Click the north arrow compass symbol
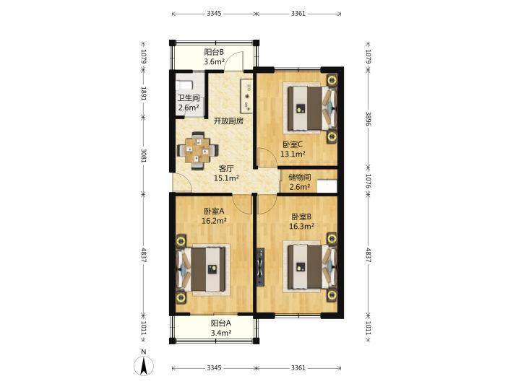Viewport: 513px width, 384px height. pyautogui.click(x=144, y=365)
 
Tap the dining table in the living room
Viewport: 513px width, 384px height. pyautogui.click(x=197, y=151)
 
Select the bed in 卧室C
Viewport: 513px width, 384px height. pyautogui.click(x=311, y=108)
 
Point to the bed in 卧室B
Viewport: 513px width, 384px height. pyautogui.click(x=311, y=267)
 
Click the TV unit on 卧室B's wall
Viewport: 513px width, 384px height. pyautogui.click(x=260, y=267)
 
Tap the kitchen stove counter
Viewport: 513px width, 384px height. pyautogui.click(x=247, y=97)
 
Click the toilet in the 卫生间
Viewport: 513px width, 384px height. pyautogui.click(x=184, y=86)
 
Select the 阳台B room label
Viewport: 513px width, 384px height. pyautogui.click(x=214, y=52)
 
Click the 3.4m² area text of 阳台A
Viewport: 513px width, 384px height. pyautogui.click(x=221, y=333)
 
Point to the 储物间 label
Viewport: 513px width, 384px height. pyautogui.click(x=300, y=178)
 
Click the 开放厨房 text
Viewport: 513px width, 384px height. pyautogui.click(x=228, y=121)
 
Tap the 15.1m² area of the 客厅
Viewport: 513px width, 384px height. pyautogui.click(x=226, y=178)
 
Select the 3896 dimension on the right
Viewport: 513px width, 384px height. pyautogui.click(x=368, y=118)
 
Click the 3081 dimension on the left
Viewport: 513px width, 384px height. pyautogui.click(x=144, y=155)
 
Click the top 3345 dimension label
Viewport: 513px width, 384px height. pyautogui.click(x=215, y=14)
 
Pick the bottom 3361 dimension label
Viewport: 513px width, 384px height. pyautogui.click(x=298, y=367)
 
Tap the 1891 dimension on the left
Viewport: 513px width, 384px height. pyautogui.click(x=144, y=93)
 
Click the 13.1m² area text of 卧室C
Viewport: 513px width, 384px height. pyautogui.click(x=293, y=154)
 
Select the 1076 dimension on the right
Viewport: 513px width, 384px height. pyautogui.click(x=368, y=180)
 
